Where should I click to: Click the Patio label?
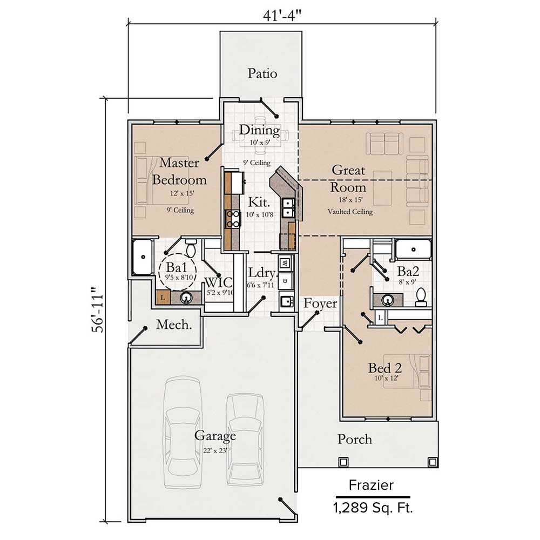pos(262,73)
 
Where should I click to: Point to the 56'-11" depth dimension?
pos(97,309)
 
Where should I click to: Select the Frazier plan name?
pos(371,485)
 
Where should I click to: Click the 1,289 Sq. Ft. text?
pos(373,508)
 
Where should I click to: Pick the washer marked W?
pos(285,263)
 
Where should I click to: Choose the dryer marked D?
pos(285,281)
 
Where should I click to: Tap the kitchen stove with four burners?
pos(233,219)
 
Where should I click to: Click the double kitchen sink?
pos(288,208)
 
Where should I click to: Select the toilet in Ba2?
pos(421,298)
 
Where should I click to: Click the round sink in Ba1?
pos(186,298)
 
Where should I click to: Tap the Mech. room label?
pos(174,325)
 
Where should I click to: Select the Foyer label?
pos(320,303)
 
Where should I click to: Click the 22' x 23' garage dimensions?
pos(215,450)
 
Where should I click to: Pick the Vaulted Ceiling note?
pos(350,212)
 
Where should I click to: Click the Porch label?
pos(355,439)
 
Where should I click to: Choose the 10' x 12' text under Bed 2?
pos(387,378)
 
